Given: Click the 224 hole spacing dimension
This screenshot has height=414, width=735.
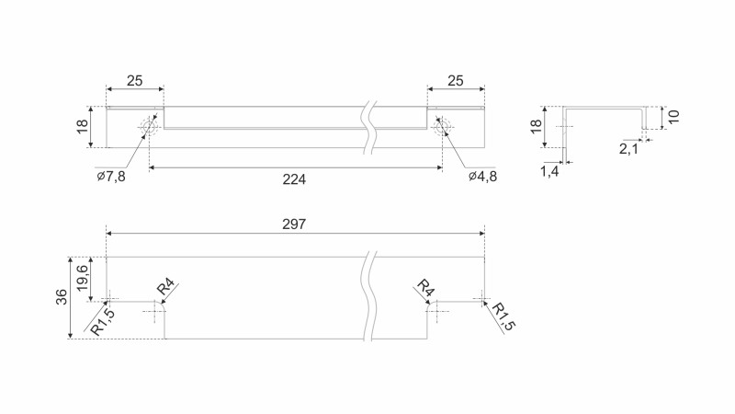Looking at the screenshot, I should (x=294, y=179).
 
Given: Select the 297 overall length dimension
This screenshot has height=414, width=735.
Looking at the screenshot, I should (x=294, y=224).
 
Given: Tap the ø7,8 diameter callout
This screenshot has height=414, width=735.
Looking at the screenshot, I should (x=110, y=176).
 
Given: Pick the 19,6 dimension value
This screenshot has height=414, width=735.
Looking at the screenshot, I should (x=83, y=278).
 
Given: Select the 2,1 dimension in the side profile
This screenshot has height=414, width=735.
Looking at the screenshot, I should (x=629, y=148).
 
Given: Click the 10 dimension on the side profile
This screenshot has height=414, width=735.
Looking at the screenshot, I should (x=673, y=118).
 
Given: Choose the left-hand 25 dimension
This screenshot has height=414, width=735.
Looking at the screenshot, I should (x=134, y=81).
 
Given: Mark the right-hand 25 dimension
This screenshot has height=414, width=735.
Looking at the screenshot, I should (x=455, y=81).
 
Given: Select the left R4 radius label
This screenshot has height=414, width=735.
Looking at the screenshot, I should (x=165, y=289).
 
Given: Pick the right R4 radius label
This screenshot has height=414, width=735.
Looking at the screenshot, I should (x=424, y=289).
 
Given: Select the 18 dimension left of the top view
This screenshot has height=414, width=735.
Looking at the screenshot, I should (x=83, y=126).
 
